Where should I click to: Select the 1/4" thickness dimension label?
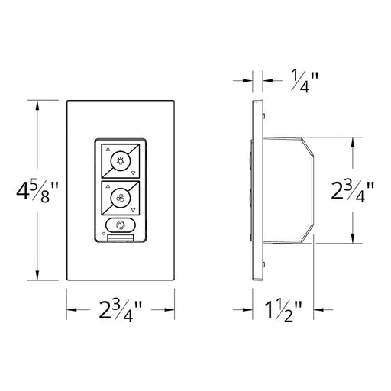(x=305, y=82)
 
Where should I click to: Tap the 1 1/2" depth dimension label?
(x=283, y=311)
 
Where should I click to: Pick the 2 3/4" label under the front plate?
(x=121, y=311)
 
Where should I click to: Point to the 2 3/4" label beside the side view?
(x=353, y=191)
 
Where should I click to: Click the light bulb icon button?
(x=121, y=161)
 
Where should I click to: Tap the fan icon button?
(x=121, y=198)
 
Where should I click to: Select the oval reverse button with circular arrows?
(x=121, y=225)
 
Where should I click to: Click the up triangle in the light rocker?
(x=108, y=150)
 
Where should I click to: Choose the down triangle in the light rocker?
(x=133, y=173)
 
